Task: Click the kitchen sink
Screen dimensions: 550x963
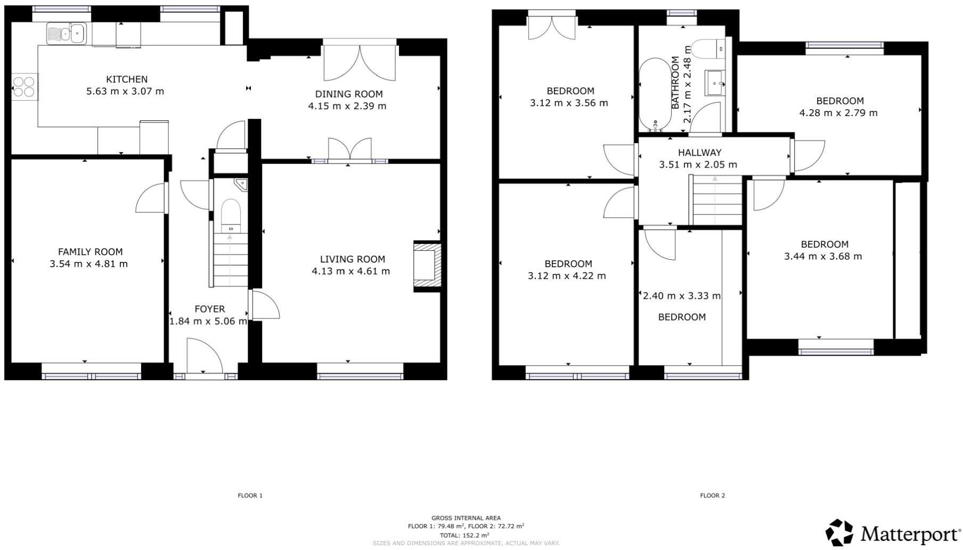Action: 67,34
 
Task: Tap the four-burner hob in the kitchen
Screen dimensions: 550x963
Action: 25,86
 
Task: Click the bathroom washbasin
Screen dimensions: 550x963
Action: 715,83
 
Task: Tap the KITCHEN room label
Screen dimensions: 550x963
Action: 127,79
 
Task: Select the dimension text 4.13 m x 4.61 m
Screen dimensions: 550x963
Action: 350,271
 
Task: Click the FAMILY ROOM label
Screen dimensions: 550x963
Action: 90,252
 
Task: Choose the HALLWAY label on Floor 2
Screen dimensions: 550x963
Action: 699,153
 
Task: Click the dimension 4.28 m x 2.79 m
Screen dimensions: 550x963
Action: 838,113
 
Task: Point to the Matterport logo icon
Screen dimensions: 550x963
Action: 839,532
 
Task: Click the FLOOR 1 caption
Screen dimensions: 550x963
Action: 250,496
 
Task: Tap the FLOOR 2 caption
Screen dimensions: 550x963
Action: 712,496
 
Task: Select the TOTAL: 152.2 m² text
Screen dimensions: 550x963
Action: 464,535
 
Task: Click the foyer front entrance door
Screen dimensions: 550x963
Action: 205,357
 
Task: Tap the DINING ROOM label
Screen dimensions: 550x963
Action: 348,94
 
